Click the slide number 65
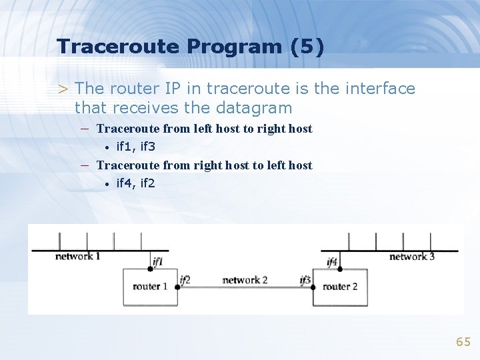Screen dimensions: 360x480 [x=463, y=342]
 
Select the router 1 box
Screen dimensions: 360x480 [x=150, y=287]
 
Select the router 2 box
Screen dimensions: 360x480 [x=340, y=287]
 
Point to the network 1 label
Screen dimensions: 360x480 [x=77, y=256]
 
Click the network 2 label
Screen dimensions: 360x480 [x=245, y=280]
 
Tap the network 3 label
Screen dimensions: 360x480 [x=411, y=256]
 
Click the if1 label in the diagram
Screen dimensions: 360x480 [x=157, y=261]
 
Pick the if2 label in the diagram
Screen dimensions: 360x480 [x=185, y=280]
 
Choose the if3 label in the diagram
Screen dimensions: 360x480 [x=305, y=280]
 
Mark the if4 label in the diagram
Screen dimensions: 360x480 [x=332, y=261]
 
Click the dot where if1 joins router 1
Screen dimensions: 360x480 [x=151, y=269]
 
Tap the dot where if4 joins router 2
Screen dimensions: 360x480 [x=340, y=269]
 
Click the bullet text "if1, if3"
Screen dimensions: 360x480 [x=136, y=147]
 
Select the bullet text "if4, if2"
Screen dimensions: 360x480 [x=136, y=183]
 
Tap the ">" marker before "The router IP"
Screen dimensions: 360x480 [x=63, y=89]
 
